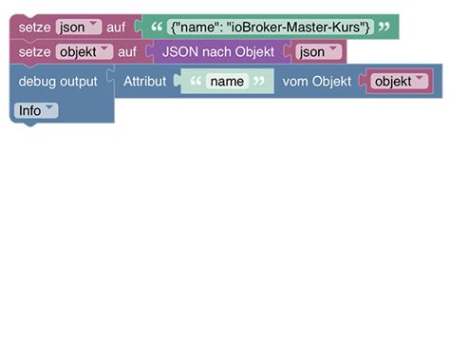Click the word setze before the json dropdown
pos(34,28)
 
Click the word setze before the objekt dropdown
pos(34,52)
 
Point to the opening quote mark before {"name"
pos(156,28)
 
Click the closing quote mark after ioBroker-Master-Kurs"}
pos(384,28)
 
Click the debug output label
pos(58,82)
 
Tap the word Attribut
pos(144,82)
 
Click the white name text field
pos(228,82)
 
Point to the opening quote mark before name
pos(197,82)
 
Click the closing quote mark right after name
pos(258,82)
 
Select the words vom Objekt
pos(317,82)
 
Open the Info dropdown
pos(36,110)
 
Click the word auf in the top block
pos(115,28)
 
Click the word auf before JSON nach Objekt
pos(127,52)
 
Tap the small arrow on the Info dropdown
pos(49,110)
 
